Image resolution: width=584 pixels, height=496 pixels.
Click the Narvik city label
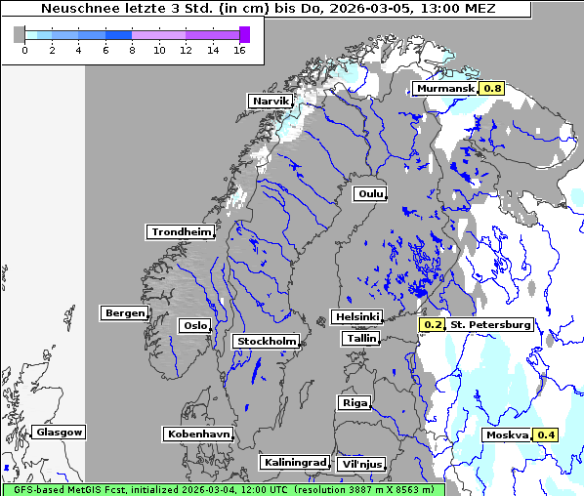point(271,101)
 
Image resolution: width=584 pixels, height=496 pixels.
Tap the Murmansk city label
point(445,88)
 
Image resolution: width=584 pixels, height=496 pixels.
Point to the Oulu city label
point(369,193)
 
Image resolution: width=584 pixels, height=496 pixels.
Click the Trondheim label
point(180,231)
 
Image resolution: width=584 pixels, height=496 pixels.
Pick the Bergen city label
point(123,313)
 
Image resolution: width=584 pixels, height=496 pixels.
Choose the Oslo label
point(193,325)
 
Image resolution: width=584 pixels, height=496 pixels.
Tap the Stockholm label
point(266,341)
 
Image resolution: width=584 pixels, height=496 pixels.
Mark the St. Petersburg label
point(490,324)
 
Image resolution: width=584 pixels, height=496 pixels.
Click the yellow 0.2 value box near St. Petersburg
point(433,324)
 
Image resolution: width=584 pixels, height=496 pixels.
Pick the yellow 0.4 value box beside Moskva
point(546,434)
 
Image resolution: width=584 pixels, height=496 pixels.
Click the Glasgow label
point(59,432)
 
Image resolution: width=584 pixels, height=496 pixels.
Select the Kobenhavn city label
point(198,433)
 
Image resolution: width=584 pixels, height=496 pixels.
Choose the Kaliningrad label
point(294,462)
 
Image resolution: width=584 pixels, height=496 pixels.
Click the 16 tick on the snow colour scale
point(239,50)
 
